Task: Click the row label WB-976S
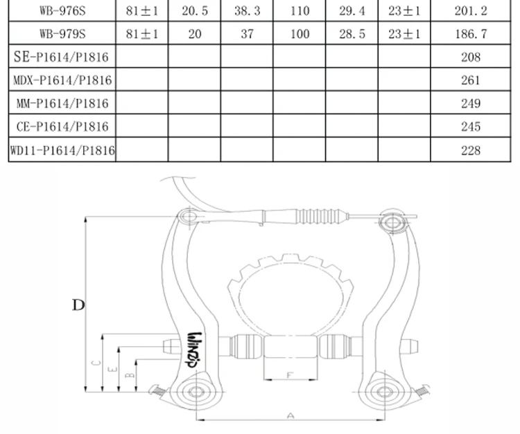click(x=62, y=11)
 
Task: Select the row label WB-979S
click(x=62, y=34)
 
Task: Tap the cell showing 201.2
click(x=471, y=11)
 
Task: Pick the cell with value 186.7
click(x=471, y=34)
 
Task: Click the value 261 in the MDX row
click(x=471, y=80)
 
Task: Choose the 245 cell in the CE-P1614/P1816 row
click(x=471, y=127)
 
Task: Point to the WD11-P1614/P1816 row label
click(x=62, y=150)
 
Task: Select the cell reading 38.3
click(x=247, y=11)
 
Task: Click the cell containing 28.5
click(x=352, y=34)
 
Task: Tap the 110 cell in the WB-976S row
click(x=300, y=11)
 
